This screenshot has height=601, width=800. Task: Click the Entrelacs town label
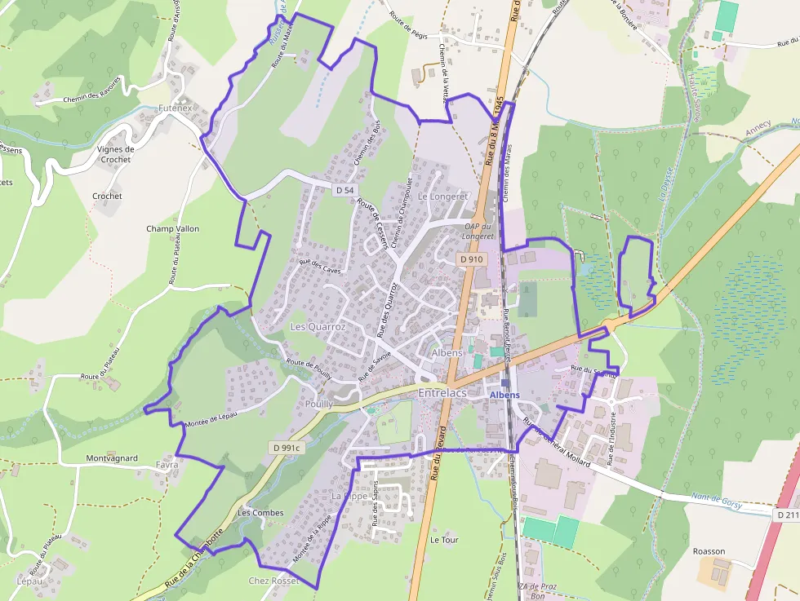point(442,394)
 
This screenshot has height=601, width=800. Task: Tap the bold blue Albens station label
point(504,395)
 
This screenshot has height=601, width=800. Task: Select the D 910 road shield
point(471,259)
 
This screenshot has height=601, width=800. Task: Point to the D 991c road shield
point(287,448)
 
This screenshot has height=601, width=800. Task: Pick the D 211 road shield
point(788,515)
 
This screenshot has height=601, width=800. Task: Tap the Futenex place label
point(176,108)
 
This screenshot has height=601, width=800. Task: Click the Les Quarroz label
point(318,327)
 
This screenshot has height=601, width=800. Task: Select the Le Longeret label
point(442,197)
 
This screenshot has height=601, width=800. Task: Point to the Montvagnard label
point(112,458)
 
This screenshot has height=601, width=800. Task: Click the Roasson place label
point(708,551)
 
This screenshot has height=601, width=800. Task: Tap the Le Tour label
point(445,540)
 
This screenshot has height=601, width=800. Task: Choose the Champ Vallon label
point(172,229)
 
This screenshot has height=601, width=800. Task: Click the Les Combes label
point(260,513)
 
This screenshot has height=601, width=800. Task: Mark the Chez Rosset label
point(273,581)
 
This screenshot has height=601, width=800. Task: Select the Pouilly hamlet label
point(318,404)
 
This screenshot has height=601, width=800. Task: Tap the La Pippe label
point(349,496)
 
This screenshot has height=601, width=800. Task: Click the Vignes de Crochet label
point(116,154)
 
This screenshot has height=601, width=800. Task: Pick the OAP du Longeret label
point(479,231)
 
